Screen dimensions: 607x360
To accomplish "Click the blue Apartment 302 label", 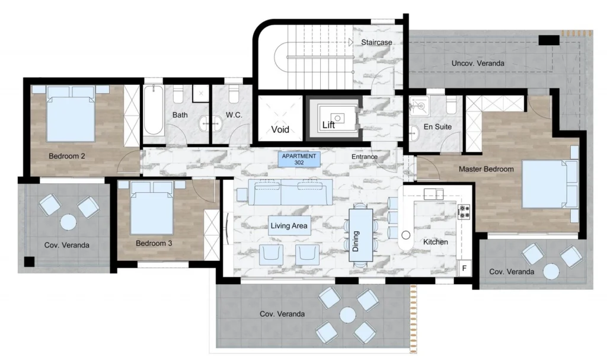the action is click(x=299, y=160).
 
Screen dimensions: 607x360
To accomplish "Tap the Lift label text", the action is click(x=328, y=125).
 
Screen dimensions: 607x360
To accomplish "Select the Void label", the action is click(x=280, y=129).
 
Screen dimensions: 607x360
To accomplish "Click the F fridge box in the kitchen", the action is click(x=464, y=268).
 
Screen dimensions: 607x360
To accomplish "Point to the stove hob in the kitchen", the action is click(x=464, y=212).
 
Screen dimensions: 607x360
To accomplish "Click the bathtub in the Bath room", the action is click(x=154, y=110).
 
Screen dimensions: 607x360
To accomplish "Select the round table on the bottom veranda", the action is click(x=347, y=315).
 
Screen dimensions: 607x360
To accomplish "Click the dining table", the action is click(x=360, y=235).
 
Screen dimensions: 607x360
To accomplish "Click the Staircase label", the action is click(x=376, y=42).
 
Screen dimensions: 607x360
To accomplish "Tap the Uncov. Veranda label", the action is click(x=478, y=63).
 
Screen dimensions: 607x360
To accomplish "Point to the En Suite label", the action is click(x=437, y=127).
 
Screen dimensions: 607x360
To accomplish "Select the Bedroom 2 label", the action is click(x=66, y=156).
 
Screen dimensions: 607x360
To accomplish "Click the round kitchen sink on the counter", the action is click(x=405, y=235).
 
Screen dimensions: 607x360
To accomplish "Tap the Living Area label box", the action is click(x=289, y=225).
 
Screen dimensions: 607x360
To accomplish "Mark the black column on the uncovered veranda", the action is click(x=549, y=40).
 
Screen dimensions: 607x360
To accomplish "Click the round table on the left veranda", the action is click(x=68, y=222).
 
